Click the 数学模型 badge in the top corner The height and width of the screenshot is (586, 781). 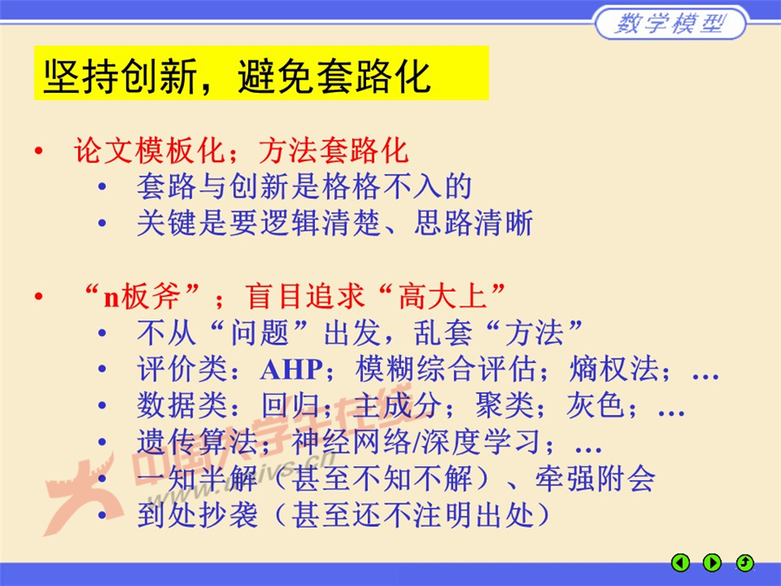[669, 23]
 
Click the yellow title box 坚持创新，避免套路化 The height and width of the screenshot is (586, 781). [261, 74]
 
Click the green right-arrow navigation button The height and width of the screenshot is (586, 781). [712, 563]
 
